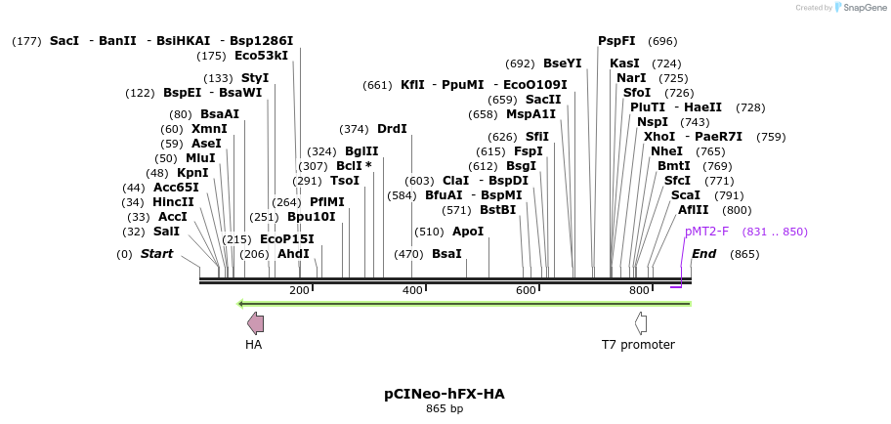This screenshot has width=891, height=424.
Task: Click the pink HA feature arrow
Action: [255, 323]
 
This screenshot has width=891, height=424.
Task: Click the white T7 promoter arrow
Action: [641, 323]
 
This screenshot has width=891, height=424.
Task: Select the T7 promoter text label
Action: [638, 345]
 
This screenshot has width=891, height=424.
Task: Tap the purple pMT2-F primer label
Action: [706, 232]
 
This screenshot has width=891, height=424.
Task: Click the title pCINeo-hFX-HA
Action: [445, 394]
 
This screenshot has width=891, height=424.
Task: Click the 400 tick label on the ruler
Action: [412, 290]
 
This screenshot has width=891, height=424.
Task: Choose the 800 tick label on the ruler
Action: [639, 290]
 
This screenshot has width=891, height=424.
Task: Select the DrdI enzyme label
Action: [392, 129]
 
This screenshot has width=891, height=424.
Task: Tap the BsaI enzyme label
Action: [446, 254]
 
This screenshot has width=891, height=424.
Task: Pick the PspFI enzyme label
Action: [616, 41]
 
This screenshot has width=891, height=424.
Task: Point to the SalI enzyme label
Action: [167, 232]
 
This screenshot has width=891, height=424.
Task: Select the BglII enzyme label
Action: [361, 151]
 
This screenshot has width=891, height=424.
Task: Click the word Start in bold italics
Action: [156, 254]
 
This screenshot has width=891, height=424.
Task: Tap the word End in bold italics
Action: [703, 254]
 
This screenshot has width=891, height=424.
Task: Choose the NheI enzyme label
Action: [666, 151]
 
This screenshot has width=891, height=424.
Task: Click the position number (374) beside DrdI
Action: [354, 129]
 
